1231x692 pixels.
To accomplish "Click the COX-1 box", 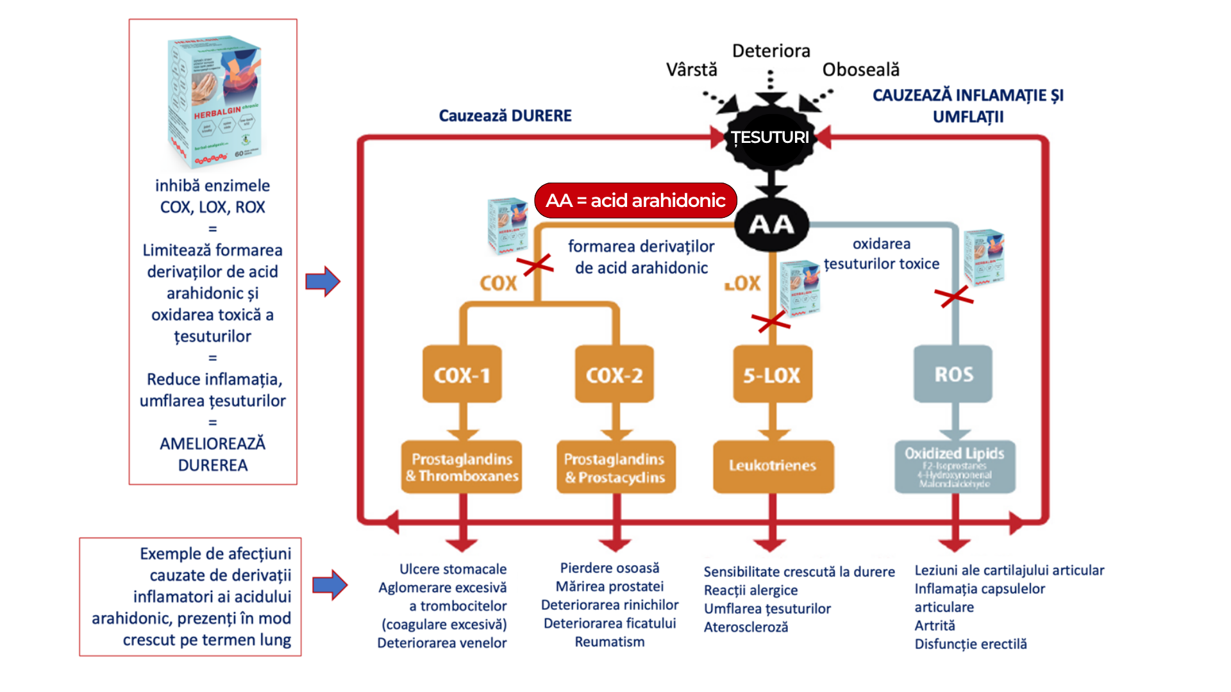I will tap(462, 374).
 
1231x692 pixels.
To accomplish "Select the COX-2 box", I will tap(614, 374).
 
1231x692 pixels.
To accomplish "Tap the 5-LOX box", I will tap(772, 374).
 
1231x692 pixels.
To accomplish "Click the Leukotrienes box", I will tap(773, 466).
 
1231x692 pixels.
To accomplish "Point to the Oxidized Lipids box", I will tap(955, 466).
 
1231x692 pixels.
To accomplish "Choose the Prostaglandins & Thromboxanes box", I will tap(462, 466).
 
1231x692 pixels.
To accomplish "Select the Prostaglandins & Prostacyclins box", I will tap(615, 467).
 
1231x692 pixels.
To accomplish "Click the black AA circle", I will tap(772, 224).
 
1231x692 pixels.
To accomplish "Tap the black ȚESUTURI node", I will tap(771, 137).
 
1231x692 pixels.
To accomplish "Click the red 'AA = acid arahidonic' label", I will tap(635, 201).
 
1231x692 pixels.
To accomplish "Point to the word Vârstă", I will tap(691, 69).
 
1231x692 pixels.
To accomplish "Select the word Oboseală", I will tap(860, 69).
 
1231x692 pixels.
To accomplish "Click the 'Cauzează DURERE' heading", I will tap(505, 115).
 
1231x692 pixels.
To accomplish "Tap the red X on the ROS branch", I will tap(954, 296).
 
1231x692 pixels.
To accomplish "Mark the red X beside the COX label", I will tap(537, 264).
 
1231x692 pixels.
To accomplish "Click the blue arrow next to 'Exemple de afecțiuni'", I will tap(330, 584).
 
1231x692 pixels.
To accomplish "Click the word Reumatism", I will tap(609, 642).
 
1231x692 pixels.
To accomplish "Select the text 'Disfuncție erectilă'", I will tap(970, 644).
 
